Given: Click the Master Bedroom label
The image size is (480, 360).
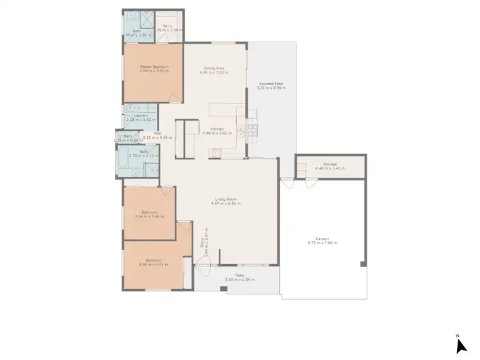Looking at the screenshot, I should [154, 67].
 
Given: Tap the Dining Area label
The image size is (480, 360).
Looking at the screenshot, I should [213, 67].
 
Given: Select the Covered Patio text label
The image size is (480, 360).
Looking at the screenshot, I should [271, 84].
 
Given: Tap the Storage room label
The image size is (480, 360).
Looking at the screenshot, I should [330, 164].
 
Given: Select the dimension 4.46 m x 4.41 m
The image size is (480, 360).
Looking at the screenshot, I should [154, 263].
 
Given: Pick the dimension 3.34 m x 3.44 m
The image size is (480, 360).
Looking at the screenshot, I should [147, 216].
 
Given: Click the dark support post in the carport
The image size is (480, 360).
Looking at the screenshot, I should [362, 263].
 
